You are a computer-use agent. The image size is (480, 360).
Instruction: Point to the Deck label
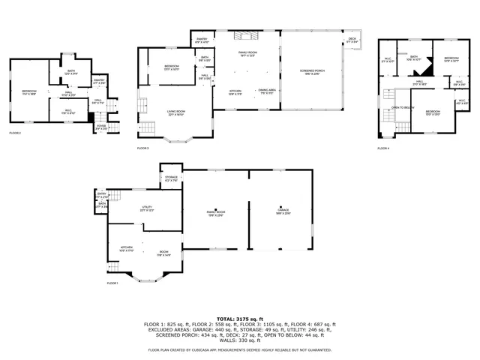352,40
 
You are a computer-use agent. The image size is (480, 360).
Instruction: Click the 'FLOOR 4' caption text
383,148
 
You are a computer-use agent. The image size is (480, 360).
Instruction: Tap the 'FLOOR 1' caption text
113,283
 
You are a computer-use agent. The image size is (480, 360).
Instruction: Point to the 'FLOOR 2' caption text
15,133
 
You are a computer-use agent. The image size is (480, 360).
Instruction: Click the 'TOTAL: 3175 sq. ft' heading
239,319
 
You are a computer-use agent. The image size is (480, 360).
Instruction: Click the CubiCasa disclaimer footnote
239,349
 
